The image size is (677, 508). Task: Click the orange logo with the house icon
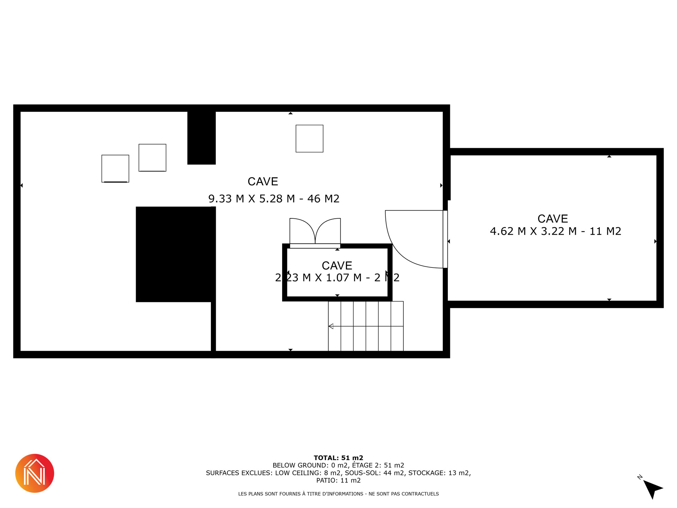coord(35,473)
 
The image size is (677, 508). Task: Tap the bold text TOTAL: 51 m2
coord(338,458)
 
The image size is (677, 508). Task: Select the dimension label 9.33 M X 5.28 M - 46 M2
coord(274,199)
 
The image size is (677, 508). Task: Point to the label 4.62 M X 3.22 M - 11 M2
coord(555,231)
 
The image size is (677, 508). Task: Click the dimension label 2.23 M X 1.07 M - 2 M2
coord(337,278)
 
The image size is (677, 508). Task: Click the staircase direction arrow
coord(366,326)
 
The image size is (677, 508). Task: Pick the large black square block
coord(176,254)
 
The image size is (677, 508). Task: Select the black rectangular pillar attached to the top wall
coord(201,138)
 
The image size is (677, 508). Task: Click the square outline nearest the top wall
coord(309,139)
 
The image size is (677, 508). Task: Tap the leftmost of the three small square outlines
coord(115,169)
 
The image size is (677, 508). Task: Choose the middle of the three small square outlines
coord(152,158)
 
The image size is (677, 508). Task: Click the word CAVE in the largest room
coord(263,181)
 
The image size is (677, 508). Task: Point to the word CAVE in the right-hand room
coord(553,219)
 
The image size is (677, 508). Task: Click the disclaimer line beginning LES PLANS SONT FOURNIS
coord(338,494)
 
